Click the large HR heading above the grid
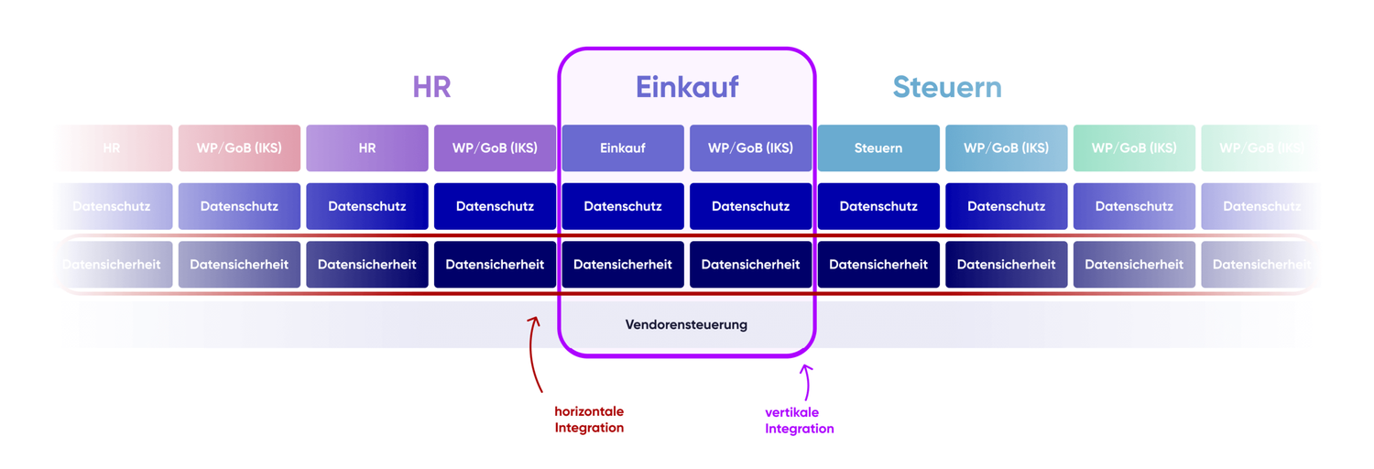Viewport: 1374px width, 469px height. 431,87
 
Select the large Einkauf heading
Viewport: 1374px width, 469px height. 687,87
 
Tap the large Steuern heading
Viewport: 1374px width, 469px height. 947,87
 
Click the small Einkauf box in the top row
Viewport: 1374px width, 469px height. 623,148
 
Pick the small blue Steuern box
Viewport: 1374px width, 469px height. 878,148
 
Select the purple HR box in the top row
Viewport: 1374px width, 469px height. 367,148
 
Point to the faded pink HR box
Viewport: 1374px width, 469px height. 112,148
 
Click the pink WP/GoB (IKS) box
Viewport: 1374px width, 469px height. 239,148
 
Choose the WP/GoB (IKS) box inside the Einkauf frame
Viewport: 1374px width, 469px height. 750,148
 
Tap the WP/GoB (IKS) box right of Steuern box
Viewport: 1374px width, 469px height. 1006,148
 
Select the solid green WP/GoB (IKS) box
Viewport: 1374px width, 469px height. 1134,148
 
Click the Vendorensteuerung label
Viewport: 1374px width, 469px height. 686,324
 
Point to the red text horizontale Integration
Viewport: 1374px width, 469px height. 589,420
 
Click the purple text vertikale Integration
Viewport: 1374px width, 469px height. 799,420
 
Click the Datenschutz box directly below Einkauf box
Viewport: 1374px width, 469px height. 623,206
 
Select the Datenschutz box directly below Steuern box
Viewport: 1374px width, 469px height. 878,206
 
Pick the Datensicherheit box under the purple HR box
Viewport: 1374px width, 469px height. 367,265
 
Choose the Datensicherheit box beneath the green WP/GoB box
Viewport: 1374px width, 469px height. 1134,265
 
